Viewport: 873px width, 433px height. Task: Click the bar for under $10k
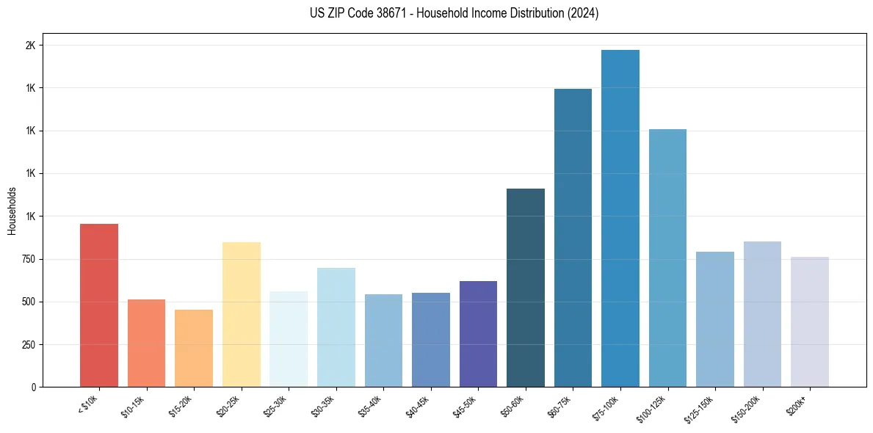coord(99,305)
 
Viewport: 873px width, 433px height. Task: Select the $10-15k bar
coord(146,343)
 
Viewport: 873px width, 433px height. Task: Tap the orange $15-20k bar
coord(194,348)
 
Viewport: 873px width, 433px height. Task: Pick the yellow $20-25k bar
coord(242,314)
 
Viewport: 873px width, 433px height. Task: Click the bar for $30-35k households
coord(336,327)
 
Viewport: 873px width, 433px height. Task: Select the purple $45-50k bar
coord(478,334)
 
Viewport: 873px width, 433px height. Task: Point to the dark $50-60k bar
coord(526,288)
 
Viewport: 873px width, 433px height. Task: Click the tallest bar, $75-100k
coord(620,218)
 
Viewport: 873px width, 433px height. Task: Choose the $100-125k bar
coord(667,258)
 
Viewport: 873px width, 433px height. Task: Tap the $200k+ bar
coord(810,321)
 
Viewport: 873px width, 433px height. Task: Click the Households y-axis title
coord(12,211)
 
